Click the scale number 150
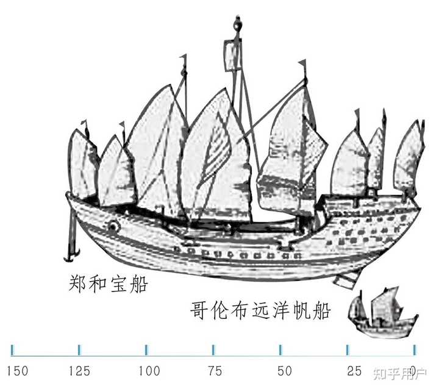[17, 371]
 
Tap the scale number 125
[79, 371]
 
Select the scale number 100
[149, 371]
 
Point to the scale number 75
[214, 371]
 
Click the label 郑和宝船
[108, 284]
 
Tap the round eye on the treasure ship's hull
[113, 227]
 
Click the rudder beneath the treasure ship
[344, 280]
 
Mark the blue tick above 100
[146, 349]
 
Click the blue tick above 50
[280, 349]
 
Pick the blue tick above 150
[12, 349]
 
